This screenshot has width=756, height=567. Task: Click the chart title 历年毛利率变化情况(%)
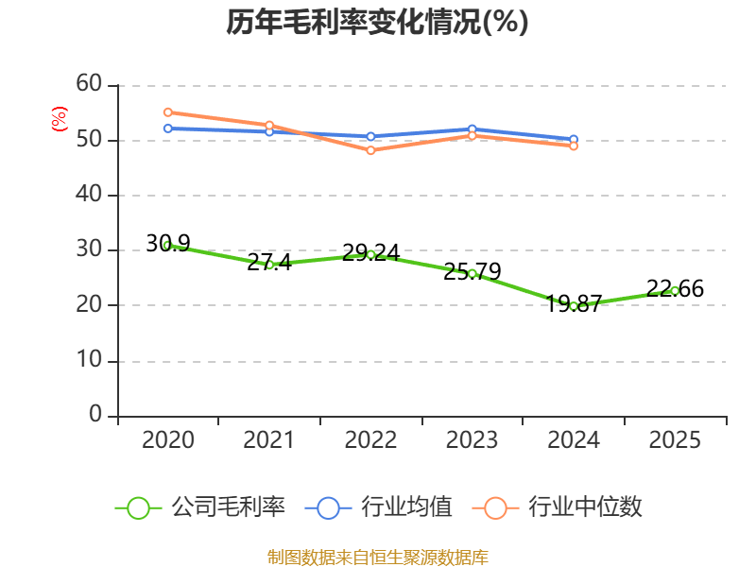click(x=377, y=22)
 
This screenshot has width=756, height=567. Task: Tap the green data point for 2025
click(x=675, y=291)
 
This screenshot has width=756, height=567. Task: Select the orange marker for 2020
click(x=168, y=112)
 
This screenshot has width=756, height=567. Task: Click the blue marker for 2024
click(x=574, y=139)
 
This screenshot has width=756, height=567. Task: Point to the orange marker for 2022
click(x=370, y=150)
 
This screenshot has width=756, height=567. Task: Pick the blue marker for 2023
click(x=472, y=129)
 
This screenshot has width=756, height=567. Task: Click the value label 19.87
click(x=574, y=303)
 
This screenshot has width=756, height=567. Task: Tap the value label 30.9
click(x=168, y=244)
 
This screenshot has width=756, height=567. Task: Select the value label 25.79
click(x=472, y=271)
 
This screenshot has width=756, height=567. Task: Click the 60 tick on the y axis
click(x=89, y=84)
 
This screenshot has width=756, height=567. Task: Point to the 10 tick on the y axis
click(x=89, y=360)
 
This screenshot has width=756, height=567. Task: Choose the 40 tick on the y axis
click(x=89, y=195)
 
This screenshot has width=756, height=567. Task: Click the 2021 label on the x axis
click(x=268, y=440)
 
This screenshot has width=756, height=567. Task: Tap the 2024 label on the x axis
click(x=574, y=440)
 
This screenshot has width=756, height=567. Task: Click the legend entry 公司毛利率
click(x=200, y=507)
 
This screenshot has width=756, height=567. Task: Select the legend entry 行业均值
click(x=379, y=507)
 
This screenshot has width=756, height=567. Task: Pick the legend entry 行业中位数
click(x=558, y=507)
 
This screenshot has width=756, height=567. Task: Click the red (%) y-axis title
click(x=60, y=119)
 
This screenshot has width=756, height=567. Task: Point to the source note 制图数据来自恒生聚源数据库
click(x=378, y=558)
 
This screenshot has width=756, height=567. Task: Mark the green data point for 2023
click(x=472, y=274)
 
